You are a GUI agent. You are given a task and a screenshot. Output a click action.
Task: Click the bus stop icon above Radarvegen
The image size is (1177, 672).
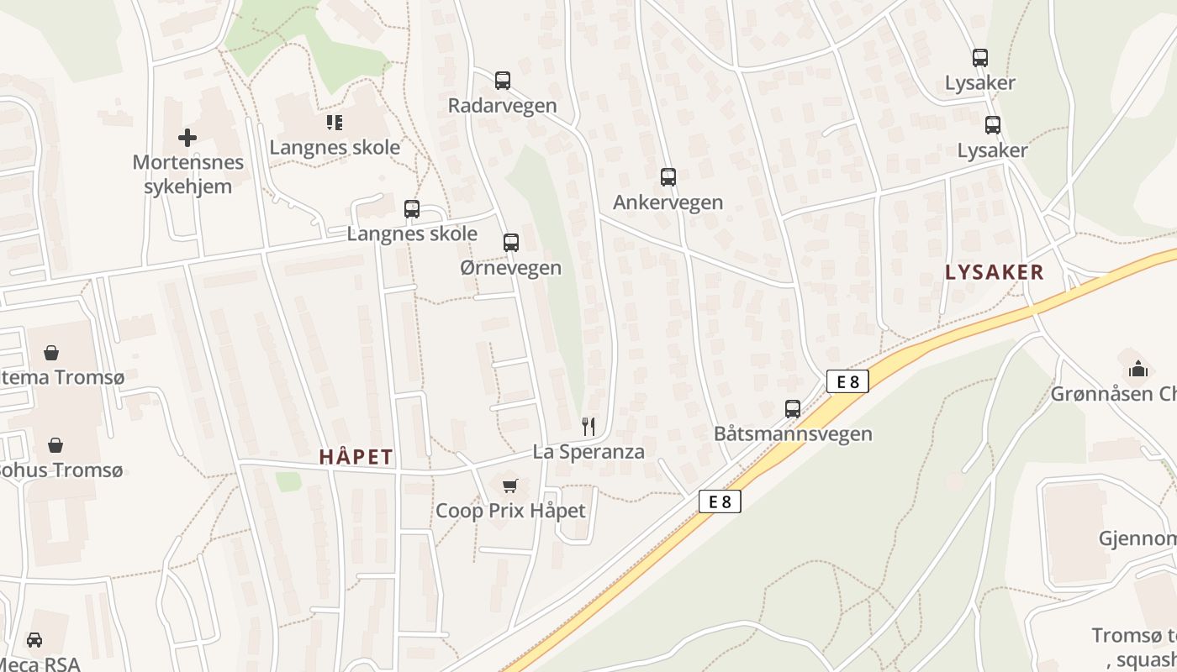[x=502, y=81]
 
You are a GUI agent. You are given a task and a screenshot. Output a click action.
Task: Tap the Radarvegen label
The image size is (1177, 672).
[x=502, y=106]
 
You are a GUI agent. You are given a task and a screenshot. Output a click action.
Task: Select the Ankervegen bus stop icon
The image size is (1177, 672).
[x=668, y=177]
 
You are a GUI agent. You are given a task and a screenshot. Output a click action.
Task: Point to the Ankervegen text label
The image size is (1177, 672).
[x=668, y=202]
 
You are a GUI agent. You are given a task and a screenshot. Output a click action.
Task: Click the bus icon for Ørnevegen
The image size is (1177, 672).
[x=510, y=243]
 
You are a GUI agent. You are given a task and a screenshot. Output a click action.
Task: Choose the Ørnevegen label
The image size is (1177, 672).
[x=510, y=268]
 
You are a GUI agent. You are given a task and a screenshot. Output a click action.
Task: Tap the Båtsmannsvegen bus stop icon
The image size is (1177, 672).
[x=792, y=409]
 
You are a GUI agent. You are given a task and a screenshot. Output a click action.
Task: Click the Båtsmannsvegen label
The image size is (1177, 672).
[x=792, y=434]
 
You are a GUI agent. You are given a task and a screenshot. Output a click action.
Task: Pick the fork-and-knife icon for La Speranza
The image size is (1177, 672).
[x=588, y=427]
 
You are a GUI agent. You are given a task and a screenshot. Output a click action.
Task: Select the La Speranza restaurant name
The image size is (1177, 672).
[x=588, y=452]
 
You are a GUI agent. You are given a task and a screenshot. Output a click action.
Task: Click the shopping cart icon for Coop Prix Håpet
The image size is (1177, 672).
[x=509, y=486]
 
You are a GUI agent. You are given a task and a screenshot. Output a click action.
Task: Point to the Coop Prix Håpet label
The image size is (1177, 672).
[x=509, y=511]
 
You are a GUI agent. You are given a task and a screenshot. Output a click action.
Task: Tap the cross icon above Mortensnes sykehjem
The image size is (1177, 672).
[x=187, y=138]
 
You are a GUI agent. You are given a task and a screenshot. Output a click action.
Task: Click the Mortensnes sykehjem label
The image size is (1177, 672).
[x=187, y=174]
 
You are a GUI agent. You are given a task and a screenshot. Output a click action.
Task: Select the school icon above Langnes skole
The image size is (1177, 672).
[x=335, y=123]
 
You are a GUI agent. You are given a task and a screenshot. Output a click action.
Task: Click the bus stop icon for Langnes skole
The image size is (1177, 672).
[x=411, y=209]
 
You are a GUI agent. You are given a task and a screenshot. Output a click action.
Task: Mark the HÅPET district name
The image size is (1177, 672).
[x=356, y=457]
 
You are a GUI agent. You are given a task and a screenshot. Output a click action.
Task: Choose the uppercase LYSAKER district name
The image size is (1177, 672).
[x=994, y=272]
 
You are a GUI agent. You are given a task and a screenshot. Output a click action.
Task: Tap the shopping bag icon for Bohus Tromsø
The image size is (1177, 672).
[x=55, y=444]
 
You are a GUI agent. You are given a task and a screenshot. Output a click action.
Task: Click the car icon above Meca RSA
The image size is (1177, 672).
[x=34, y=640]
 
